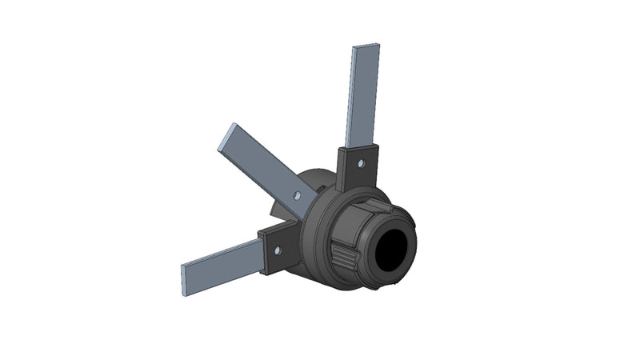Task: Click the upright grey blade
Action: click(x=363, y=96)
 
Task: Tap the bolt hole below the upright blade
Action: click(x=361, y=163)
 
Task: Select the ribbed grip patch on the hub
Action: click(x=346, y=258)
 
